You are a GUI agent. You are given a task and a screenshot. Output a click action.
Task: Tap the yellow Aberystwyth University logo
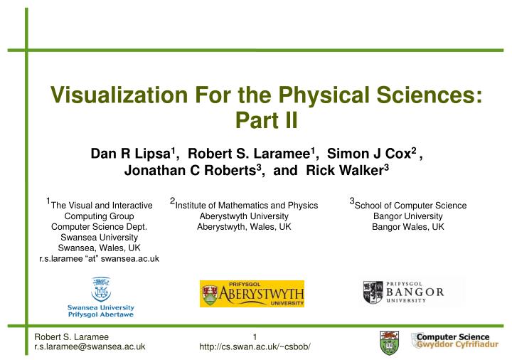coord(252,293)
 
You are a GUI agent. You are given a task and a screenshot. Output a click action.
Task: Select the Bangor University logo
coord(404,292)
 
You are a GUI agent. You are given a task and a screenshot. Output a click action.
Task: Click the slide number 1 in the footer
coord(255,336)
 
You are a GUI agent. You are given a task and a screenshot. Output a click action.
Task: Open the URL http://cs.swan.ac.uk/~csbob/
coord(255,346)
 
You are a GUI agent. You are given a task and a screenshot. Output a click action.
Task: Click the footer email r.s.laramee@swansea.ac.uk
coord(90,346)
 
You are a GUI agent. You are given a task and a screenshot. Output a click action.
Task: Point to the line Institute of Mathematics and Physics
coord(246,206)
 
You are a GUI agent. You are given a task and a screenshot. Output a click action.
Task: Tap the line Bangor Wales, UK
coord(408,227)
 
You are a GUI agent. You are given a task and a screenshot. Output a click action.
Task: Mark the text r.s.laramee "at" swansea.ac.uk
coord(100,259)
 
